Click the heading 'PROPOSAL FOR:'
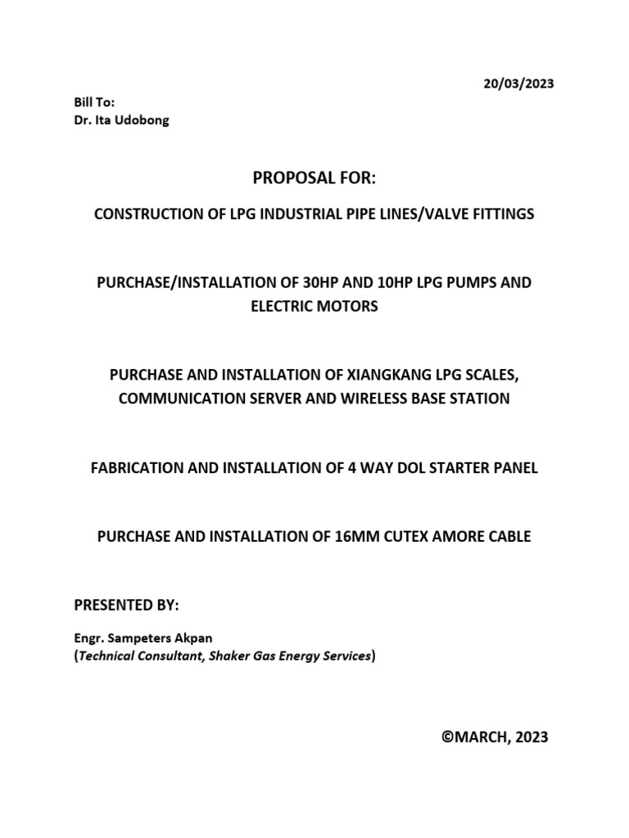tap(313, 179)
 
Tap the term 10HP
tap(393, 282)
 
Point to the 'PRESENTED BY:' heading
tap(126, 606)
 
